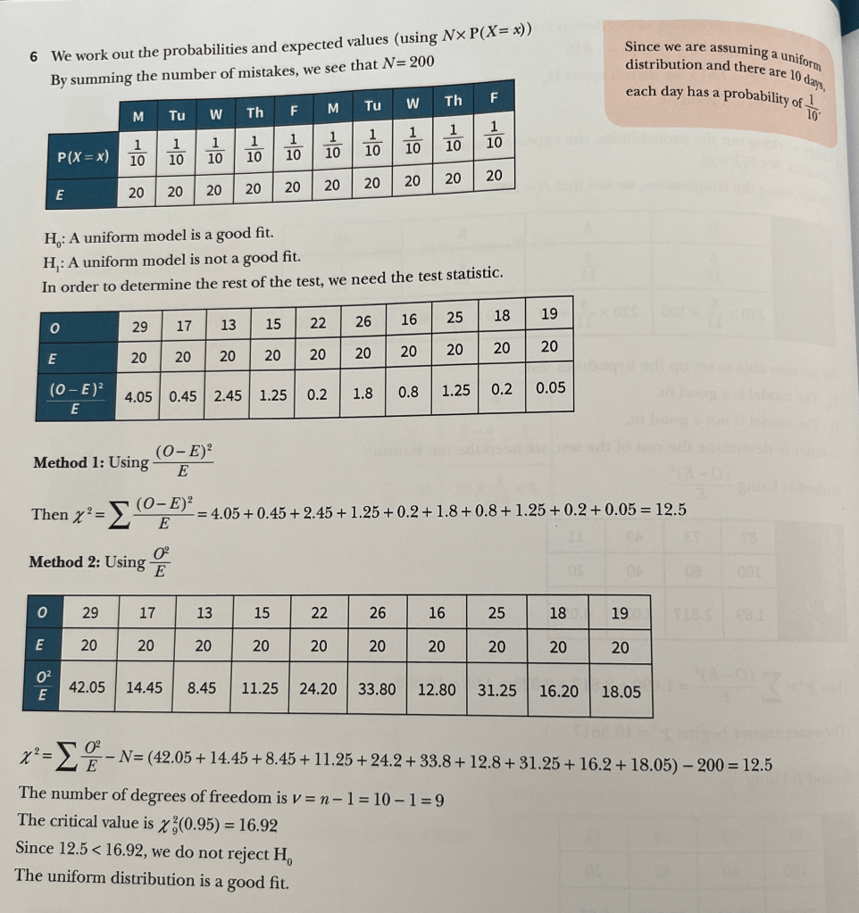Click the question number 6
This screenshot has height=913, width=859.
[33, 55]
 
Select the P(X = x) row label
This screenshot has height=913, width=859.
[83, 157]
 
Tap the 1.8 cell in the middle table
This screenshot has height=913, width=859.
[363, 392]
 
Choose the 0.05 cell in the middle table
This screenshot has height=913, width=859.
[550, 389]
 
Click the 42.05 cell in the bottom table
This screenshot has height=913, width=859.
[88, 687]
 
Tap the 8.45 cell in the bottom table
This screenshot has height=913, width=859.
[204, 688]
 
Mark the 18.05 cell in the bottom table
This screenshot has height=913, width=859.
[621, 690]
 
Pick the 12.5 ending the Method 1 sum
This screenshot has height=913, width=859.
[670, 510]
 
